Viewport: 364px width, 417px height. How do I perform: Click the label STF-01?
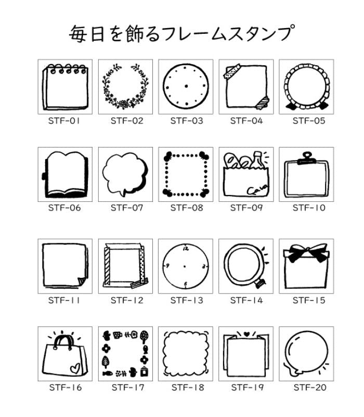point(65,121)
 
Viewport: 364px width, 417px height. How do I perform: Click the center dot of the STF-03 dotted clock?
point(186,86)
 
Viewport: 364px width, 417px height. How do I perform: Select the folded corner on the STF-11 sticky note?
point(82,282)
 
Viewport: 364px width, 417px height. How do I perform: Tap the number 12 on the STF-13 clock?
point(186,249)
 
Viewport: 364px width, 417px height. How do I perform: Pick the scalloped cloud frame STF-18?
point(186,354)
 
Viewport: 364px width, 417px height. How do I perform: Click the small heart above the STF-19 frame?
point(245,333)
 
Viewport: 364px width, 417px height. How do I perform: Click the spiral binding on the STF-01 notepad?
point(65,68)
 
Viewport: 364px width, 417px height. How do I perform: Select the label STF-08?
point(186,207)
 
